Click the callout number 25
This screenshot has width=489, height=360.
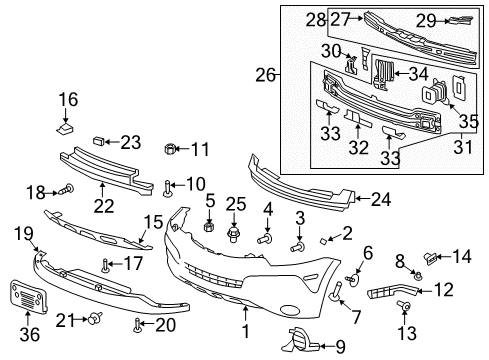point(235,205)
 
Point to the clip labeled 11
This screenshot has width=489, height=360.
point(171,150)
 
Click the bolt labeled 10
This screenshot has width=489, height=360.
point(166,186)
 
